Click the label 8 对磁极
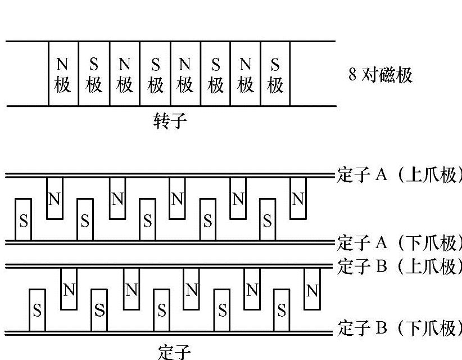tap(381, 75)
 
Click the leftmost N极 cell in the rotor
tap(64, 74)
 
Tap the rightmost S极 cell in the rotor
tap(275, 74)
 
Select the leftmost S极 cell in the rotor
tap(94, 74)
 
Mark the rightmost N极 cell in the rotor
tap(245, 74)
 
